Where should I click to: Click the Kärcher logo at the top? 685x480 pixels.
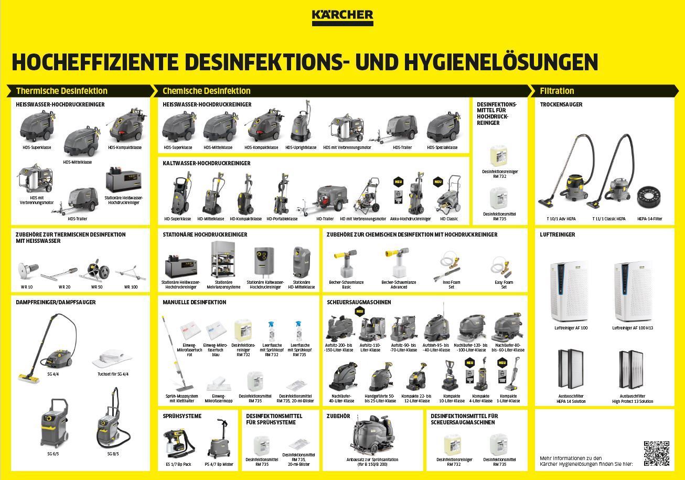click(x=342, y=17)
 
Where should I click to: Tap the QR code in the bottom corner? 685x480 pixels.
click(x=656, y=453)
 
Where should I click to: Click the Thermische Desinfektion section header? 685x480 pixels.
click(x=61, y=91)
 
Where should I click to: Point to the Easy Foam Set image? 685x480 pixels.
click(x=503, y=267)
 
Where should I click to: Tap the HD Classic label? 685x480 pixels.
click(x=448, y=219)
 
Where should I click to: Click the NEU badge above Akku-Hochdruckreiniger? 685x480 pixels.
click(x=398, y=182)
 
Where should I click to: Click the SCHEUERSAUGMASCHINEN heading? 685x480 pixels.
click(x=359, y=302)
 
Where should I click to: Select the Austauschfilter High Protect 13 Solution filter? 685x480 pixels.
click(x=632, y=370)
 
